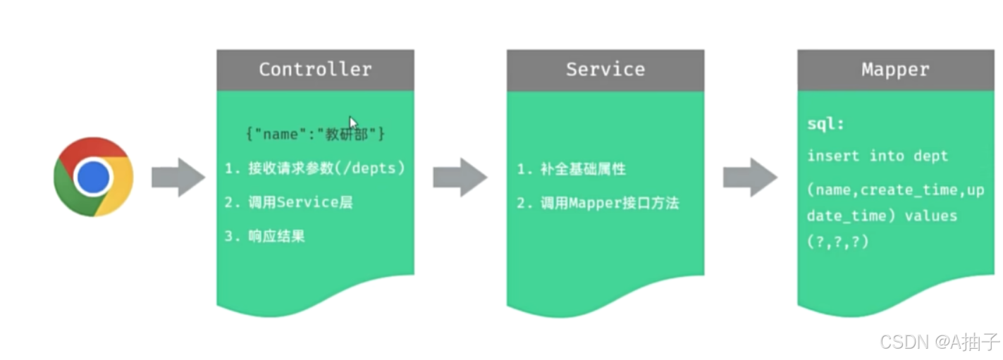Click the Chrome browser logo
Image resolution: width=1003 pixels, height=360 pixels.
click(x=94, y=177)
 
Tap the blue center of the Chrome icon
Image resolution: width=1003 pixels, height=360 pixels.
click(x=94, y=177)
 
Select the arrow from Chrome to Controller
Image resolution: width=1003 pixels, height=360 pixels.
click(x=178, y=178)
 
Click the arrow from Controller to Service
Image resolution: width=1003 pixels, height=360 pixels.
click(x=460, y=178)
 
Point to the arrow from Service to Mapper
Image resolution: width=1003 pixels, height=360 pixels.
click(x=750, y=178)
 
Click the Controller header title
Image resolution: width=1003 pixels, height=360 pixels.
click(x=314, y=69)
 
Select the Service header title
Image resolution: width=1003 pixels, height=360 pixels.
click(x=605, y=69)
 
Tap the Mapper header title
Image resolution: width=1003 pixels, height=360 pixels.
click(x=895, y=70)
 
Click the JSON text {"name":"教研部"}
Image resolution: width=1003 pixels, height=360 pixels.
click(x=314, y=134)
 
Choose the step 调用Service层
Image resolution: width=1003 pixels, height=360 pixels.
click(x=288, y=203)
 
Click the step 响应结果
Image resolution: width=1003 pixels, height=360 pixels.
click(x=264, y=237)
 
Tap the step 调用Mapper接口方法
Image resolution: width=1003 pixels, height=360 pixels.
click(x=598, y=204)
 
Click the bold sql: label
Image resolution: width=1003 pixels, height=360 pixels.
click(x=826, y=125)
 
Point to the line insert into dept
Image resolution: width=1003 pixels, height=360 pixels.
click(x=878, y=156)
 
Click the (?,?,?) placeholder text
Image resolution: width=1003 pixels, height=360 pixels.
click(x=838, y=242)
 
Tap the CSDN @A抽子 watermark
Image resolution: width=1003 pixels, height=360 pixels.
click(x=940, y=342)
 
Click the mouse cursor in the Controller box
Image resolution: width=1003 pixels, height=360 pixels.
click(x=353, y=123)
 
